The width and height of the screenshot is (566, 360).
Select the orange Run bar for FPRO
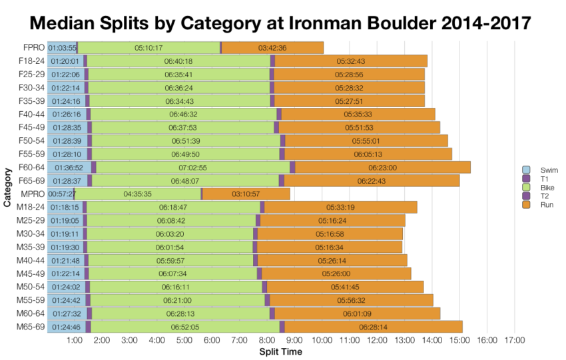click(272, 48)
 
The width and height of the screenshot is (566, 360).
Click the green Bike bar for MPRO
click(138, 194)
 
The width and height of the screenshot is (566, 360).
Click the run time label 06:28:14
click(373, 327)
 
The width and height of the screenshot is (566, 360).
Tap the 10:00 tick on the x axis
click(322, 341)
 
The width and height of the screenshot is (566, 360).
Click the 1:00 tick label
click(75, 341)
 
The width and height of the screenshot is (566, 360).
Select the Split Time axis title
click(280, 351)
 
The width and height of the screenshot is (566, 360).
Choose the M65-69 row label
click(31, 327)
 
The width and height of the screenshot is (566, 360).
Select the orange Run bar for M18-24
click(341, 207)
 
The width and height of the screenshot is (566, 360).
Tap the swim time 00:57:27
click(61, 194)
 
